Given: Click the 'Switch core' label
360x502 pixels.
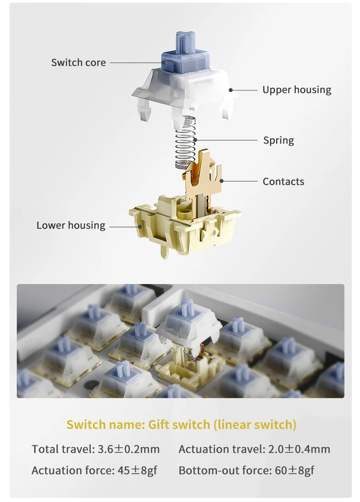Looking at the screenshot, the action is pos(78,62).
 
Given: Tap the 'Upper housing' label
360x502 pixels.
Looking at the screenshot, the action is pos(297,90).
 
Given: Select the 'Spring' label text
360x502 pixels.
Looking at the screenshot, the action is pos(278,140).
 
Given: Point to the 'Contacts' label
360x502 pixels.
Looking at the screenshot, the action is pos(283,181).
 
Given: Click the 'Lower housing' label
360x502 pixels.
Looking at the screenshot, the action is pos(71,225).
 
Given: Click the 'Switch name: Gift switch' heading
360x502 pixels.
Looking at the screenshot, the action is pos(181,424).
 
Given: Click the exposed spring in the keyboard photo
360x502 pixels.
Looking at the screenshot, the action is pos(187,356).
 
